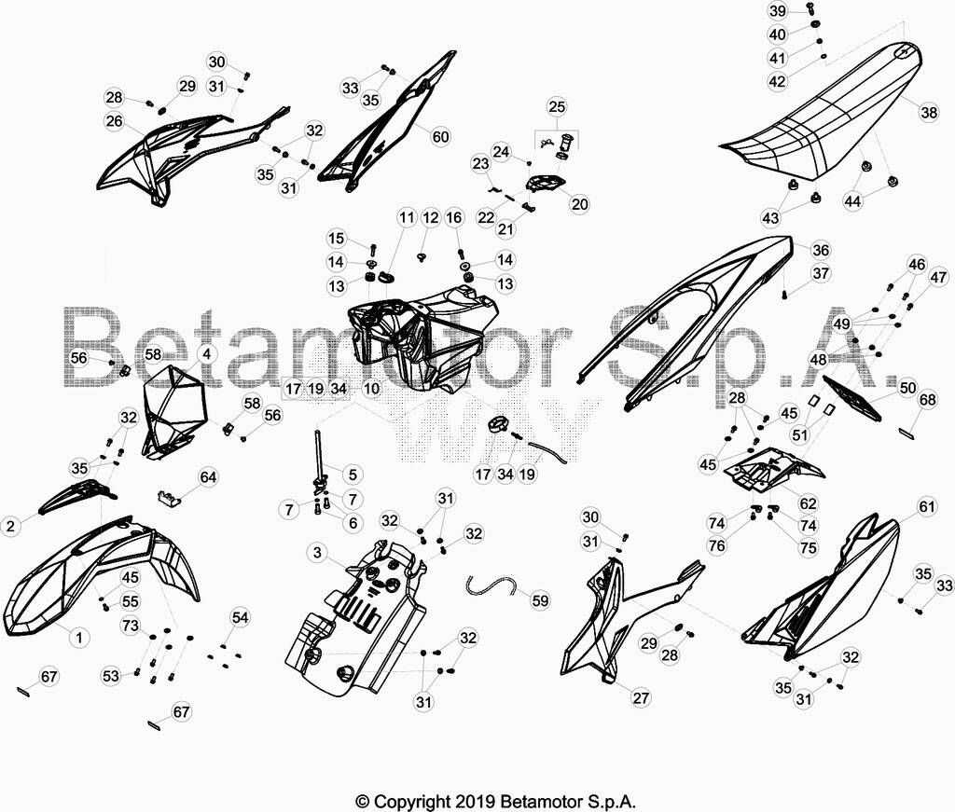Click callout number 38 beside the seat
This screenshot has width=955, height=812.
pos(929,113)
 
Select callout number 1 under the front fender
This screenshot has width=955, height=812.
pos(78,638)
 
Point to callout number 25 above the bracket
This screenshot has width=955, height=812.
pos(557,106)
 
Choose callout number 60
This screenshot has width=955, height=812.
pos(440,136)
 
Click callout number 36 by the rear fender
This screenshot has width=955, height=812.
pos(821,250)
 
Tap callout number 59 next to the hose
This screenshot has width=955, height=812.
pos(540,600)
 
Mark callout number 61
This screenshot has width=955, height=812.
pos(926,506)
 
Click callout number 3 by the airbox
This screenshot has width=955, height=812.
pos(317,553)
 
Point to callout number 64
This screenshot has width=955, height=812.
pos(208,476)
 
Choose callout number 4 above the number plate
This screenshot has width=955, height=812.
pos(206,354)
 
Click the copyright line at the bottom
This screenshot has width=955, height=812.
pos(495,801)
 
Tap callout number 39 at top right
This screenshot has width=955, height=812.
pos(778,11)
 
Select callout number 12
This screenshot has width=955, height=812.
pos(431,217)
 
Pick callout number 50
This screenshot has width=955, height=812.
pos(907,388)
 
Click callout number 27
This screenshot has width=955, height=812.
pos(641,697)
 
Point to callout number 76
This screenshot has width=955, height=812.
pos(717,545)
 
